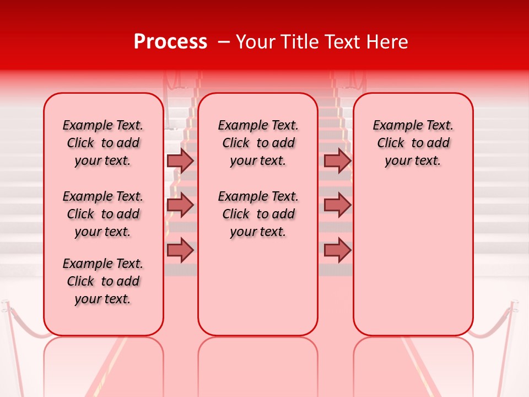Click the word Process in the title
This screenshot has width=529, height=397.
170,42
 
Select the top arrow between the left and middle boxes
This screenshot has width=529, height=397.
180,160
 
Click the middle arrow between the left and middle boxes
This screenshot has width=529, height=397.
180,205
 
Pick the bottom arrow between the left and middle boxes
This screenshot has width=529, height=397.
180,250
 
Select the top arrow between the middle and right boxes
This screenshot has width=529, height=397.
337,160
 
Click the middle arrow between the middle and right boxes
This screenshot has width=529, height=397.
337,205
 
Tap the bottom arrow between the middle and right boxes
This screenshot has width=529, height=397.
337,250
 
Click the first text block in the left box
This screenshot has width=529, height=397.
103,143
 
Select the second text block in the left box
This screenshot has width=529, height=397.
103,214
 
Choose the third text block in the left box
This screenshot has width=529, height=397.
103,281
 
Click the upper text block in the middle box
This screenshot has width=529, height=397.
258,143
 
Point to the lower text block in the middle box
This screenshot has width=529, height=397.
258,214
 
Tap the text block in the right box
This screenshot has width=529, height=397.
413,143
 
